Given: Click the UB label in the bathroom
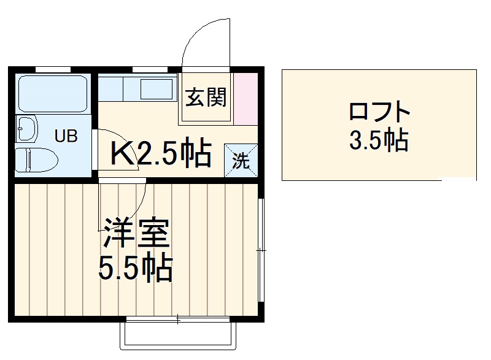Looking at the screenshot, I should [x=66, y=136].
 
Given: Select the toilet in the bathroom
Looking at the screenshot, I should [x=36, y=160].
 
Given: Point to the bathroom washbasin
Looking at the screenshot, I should [x=26, y=129].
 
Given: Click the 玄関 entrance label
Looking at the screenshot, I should [x=206, y=97].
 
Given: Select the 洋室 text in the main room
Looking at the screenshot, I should [x=135, y=232].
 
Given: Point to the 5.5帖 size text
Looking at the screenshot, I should [x=135, y=267].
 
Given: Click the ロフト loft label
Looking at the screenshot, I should [x=379, y=112].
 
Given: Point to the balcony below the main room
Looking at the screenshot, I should [x=179, y=335].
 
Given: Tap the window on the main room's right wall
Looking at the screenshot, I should [x=261, y=250].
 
